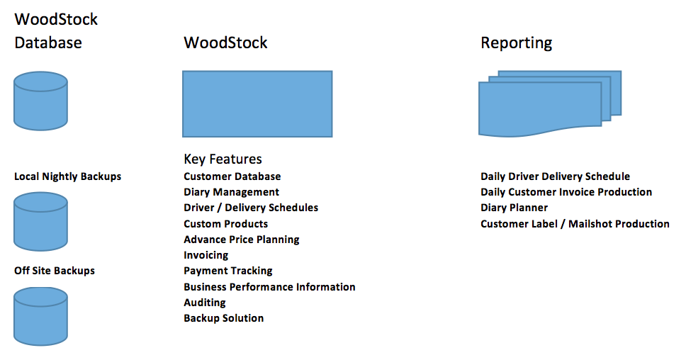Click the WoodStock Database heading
tap(56, 30)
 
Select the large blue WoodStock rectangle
tap(257, 104)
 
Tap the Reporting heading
tap(516, 43)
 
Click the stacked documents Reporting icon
tap(550, 103)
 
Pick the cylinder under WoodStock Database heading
tap(40, 101)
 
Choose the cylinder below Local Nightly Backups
tap(40, 221)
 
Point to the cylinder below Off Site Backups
tap(40, 316)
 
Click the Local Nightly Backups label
tap(67, 176)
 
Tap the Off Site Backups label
tap(55, 271)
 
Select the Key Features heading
tap(223, 159)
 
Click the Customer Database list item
tap(232, 176)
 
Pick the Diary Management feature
tap(232, 193)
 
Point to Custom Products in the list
tap(226, 224)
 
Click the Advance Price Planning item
tap(242, 240)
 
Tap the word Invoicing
tap(206, 255)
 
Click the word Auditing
tap(205, 303)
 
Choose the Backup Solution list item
tap(223, 318)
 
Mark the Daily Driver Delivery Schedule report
tap(555, 176)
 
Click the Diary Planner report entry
tap(514, 208)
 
